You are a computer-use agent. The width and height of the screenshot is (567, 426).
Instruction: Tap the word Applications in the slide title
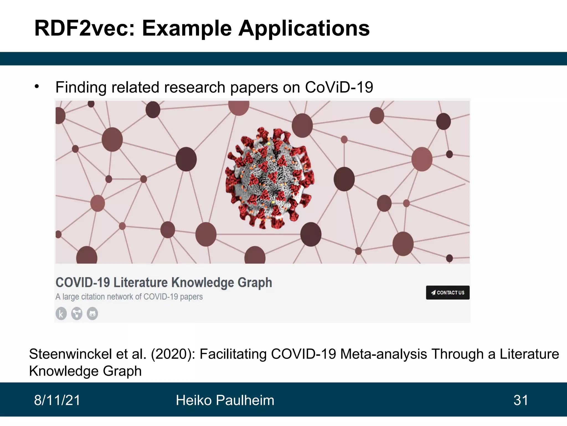click(304, 28)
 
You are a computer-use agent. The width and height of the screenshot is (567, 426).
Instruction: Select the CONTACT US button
click(448, 293)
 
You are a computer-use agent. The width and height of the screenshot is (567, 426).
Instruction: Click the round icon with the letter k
click(61, 314)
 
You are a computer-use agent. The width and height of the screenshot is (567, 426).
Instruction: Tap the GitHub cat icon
click(92, 314)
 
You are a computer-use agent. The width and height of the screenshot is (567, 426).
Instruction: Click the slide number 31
click(521, 400)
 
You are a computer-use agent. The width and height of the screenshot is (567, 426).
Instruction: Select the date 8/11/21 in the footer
click(57, 400)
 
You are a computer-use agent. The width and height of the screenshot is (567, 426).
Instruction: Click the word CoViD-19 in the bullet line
click(339, 87)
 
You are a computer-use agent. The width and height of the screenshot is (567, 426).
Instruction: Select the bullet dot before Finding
click(37, 87)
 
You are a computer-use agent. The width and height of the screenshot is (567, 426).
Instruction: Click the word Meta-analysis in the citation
click(384, 354)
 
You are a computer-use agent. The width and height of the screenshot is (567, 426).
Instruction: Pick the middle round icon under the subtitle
click(77, 314)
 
